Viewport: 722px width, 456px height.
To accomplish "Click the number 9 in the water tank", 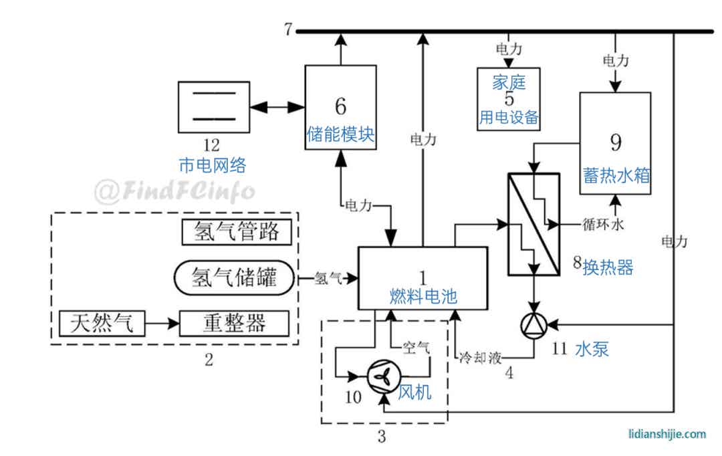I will pyautogui.click(x=615, y=142).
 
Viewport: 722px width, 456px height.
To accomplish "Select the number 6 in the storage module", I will pyautogui.click(x=340, y=106).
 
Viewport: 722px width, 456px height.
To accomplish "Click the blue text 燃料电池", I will pyautogui.click(x=423, y=296).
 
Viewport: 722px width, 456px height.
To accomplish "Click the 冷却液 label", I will pyautogui.click(x=479, y=357).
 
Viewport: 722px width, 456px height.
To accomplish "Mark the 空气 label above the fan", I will pyautogui.click(x=416, y=347).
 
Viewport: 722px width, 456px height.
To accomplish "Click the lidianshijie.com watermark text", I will pyautogui.click(x=667, y=434).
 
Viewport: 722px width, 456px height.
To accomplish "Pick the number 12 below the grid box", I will pyautogui.click(x=212, y=143).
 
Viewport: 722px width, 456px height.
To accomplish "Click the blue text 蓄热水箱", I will pyautogui.click(x=616, y=175).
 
